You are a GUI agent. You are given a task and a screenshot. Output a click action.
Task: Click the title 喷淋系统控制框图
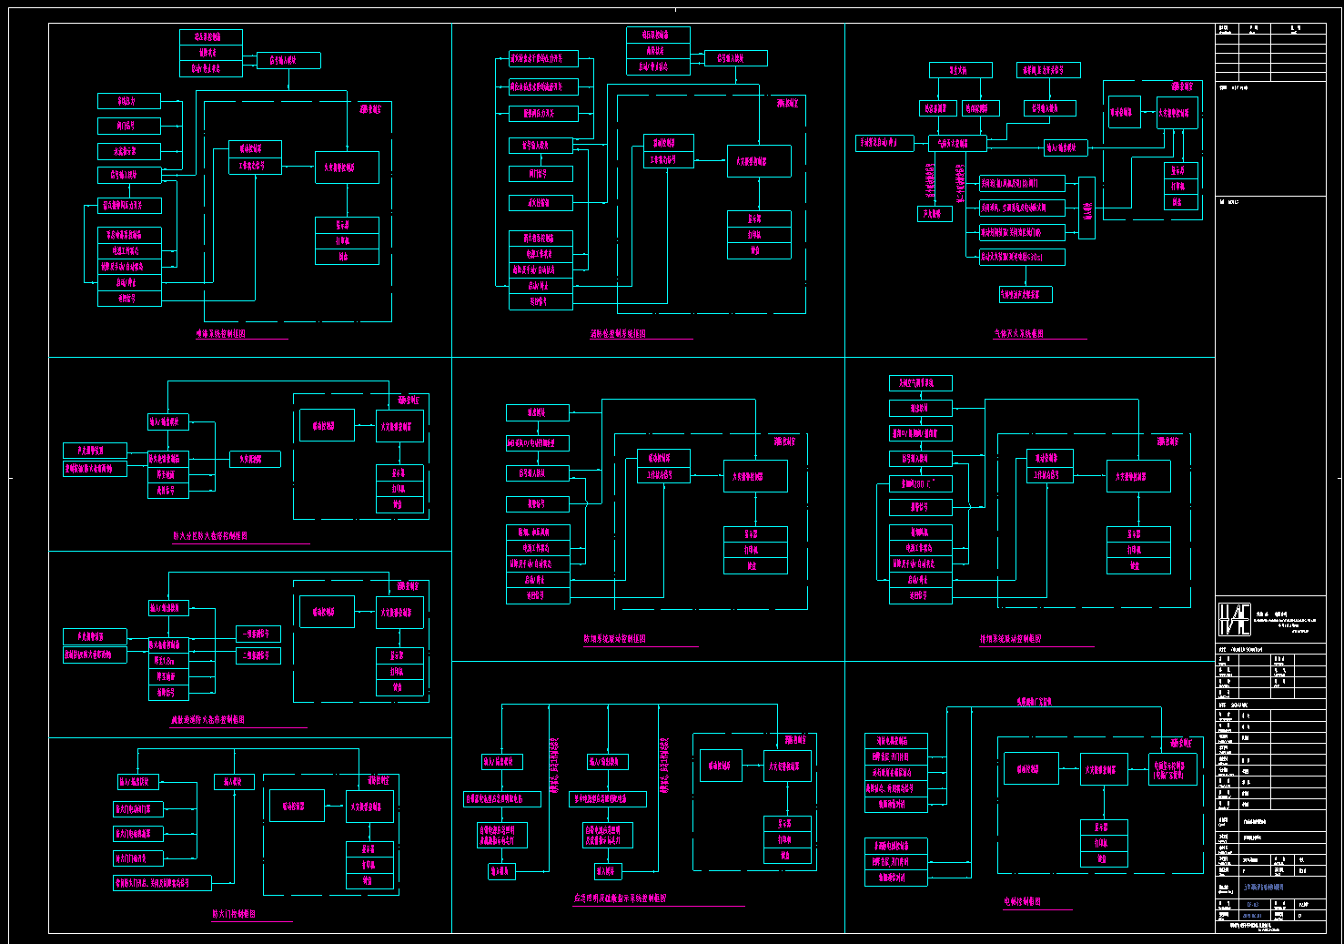click(x=221, y=334)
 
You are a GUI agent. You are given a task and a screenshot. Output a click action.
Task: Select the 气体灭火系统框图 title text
click(x=1018, y=334)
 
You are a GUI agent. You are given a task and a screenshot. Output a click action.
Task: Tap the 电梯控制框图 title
click(x=1023, y=901)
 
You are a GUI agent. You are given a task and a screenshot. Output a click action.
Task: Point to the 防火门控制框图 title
click(x=234, y=913)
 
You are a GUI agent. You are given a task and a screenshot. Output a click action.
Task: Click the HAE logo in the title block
click(x=1235, y=620)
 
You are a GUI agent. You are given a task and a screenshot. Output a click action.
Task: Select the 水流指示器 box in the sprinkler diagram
click(x=129, y=151)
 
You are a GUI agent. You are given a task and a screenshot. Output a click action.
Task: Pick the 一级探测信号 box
click(x=258, y=634)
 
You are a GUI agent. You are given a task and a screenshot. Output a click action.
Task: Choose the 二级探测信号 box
click(x=258, y=655)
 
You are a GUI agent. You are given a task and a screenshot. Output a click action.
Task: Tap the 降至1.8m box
click(x=168, y=661)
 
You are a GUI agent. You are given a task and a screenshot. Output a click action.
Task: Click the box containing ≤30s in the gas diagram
click(x=1022, y=257)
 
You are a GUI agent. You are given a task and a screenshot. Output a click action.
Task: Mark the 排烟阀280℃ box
click(x=920, y=483)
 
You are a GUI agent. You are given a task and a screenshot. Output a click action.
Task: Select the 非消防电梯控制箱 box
click(x=895, y=846)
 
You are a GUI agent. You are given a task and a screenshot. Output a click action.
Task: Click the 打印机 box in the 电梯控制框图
click(x=1104, y=843)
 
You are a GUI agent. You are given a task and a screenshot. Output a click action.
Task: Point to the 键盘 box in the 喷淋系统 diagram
click(x=347, y=257)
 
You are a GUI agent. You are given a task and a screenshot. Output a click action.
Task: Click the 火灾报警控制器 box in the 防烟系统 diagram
click(x=755, y=476)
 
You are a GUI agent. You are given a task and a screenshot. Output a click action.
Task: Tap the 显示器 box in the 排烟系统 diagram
click(x=1138, y=534)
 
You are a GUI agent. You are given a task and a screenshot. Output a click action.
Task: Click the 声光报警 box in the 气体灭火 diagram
click(x=935, y=214)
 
